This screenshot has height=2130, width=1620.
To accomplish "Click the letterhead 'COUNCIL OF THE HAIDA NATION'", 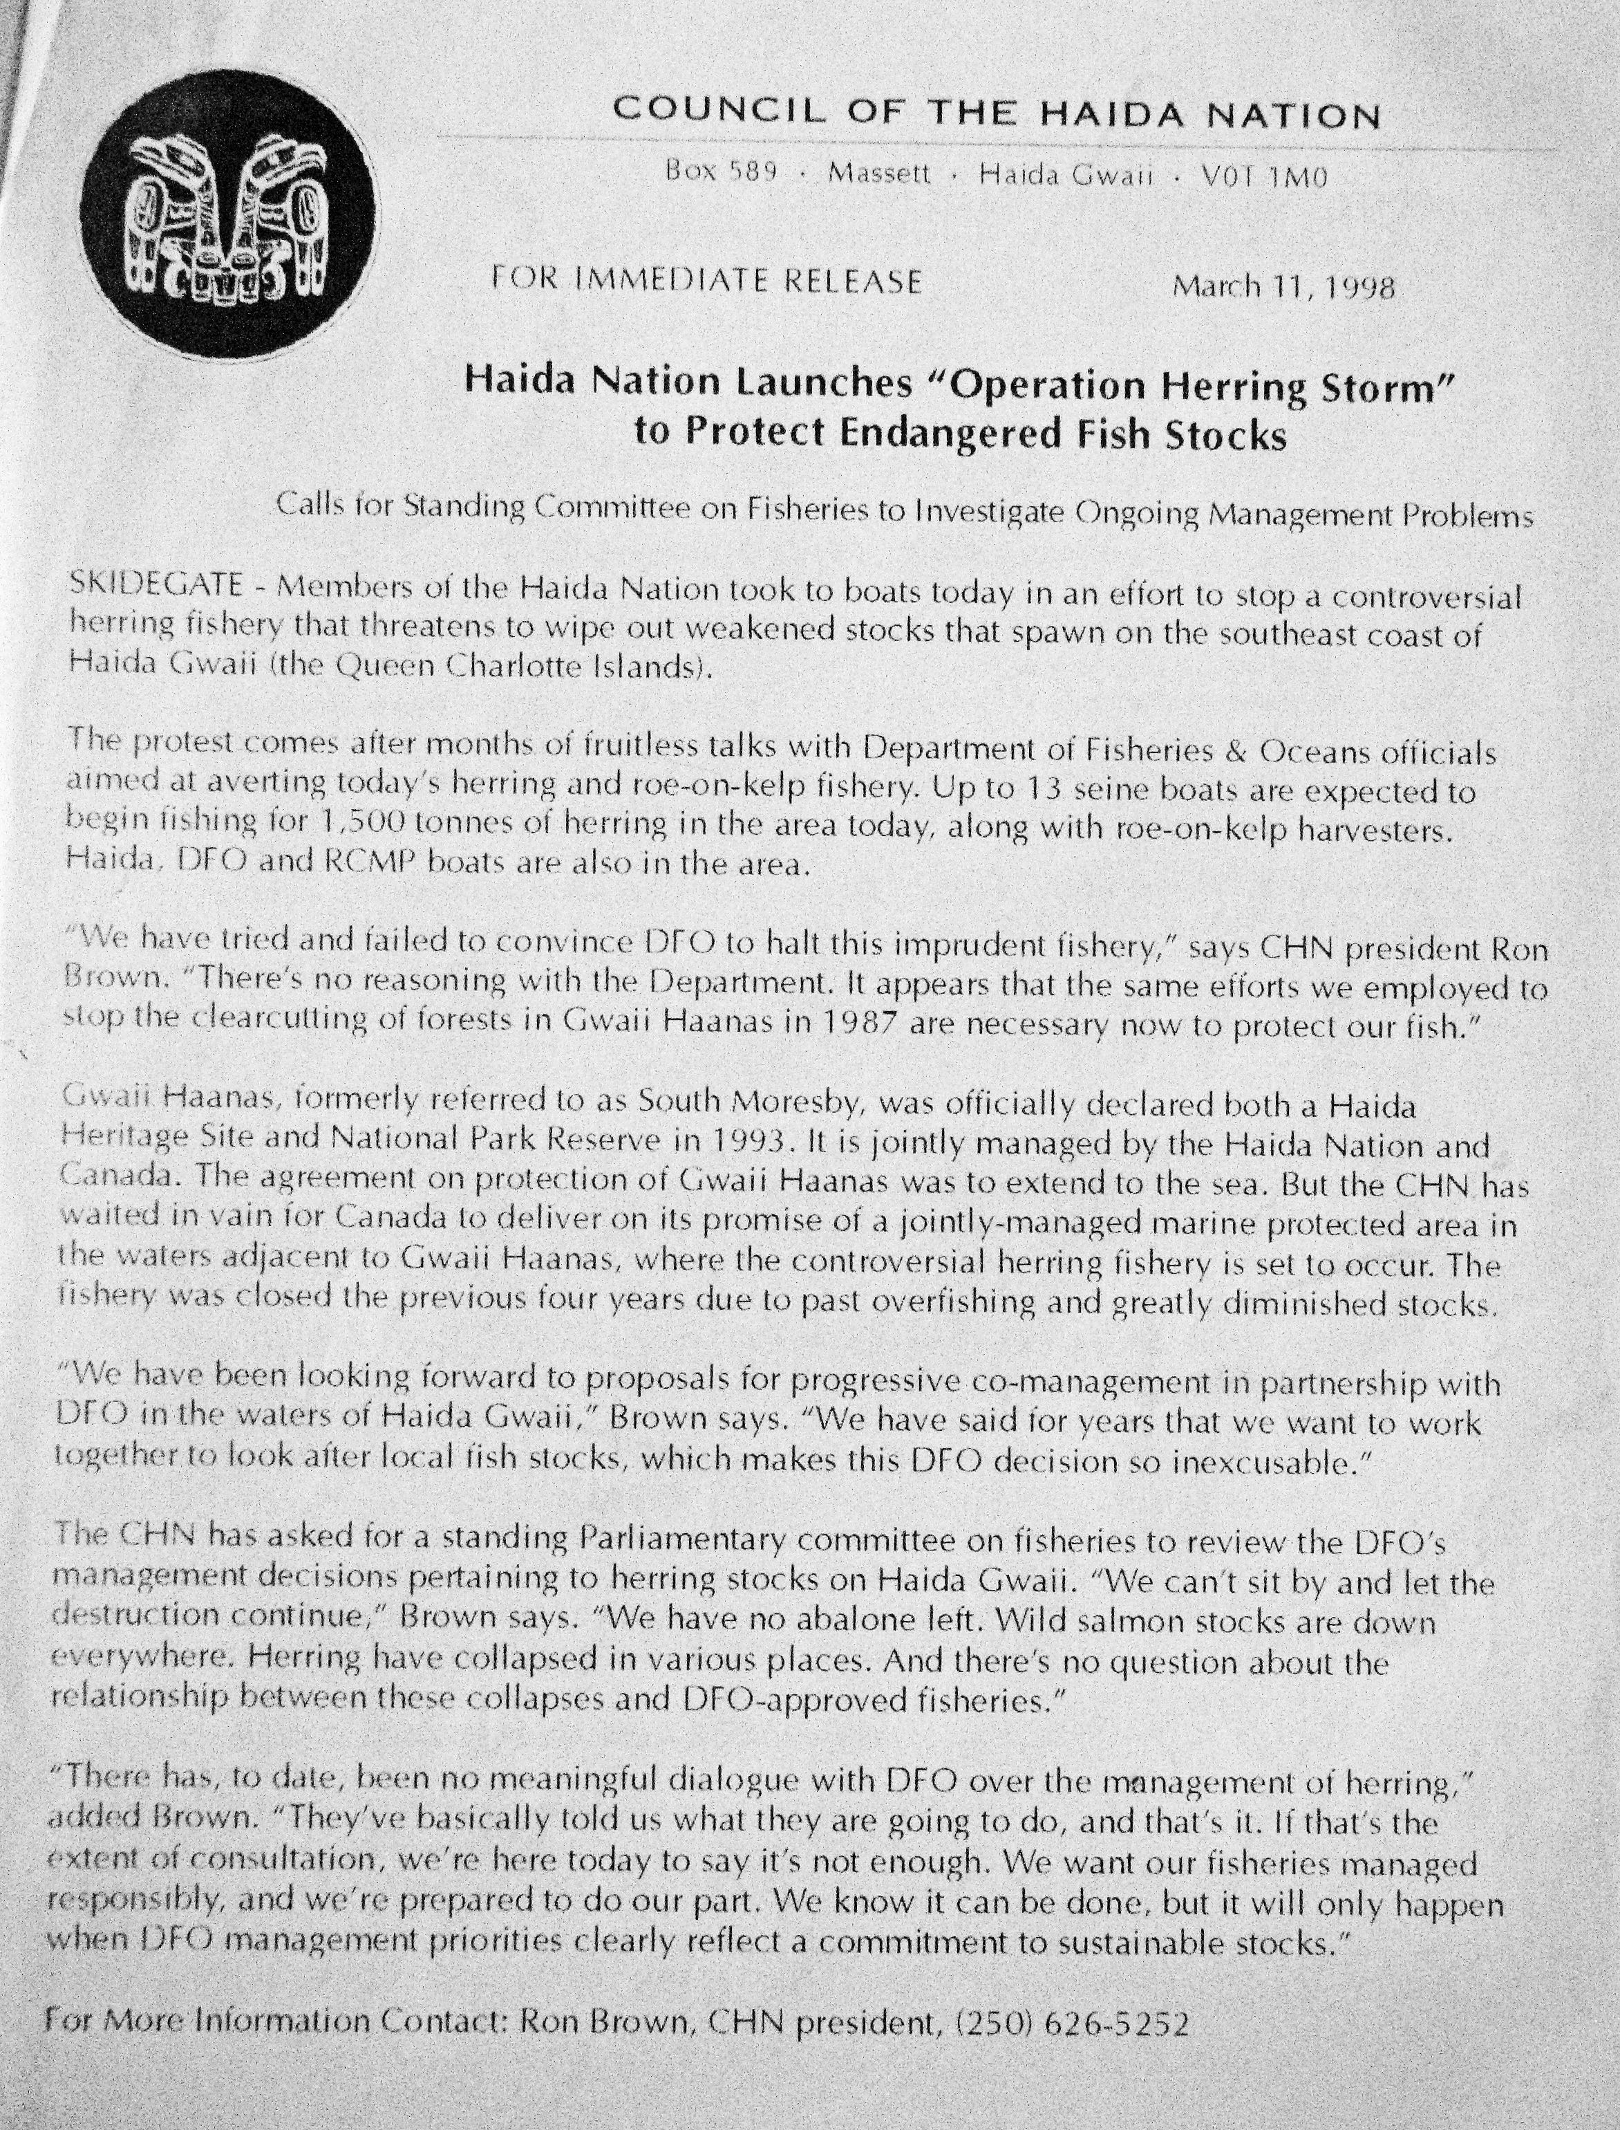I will pos(996,115).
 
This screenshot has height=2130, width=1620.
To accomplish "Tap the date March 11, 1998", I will pos(1283,288).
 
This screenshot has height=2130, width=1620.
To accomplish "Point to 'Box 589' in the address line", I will pos(722,173).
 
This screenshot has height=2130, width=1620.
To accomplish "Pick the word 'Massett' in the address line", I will pos(879,174).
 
